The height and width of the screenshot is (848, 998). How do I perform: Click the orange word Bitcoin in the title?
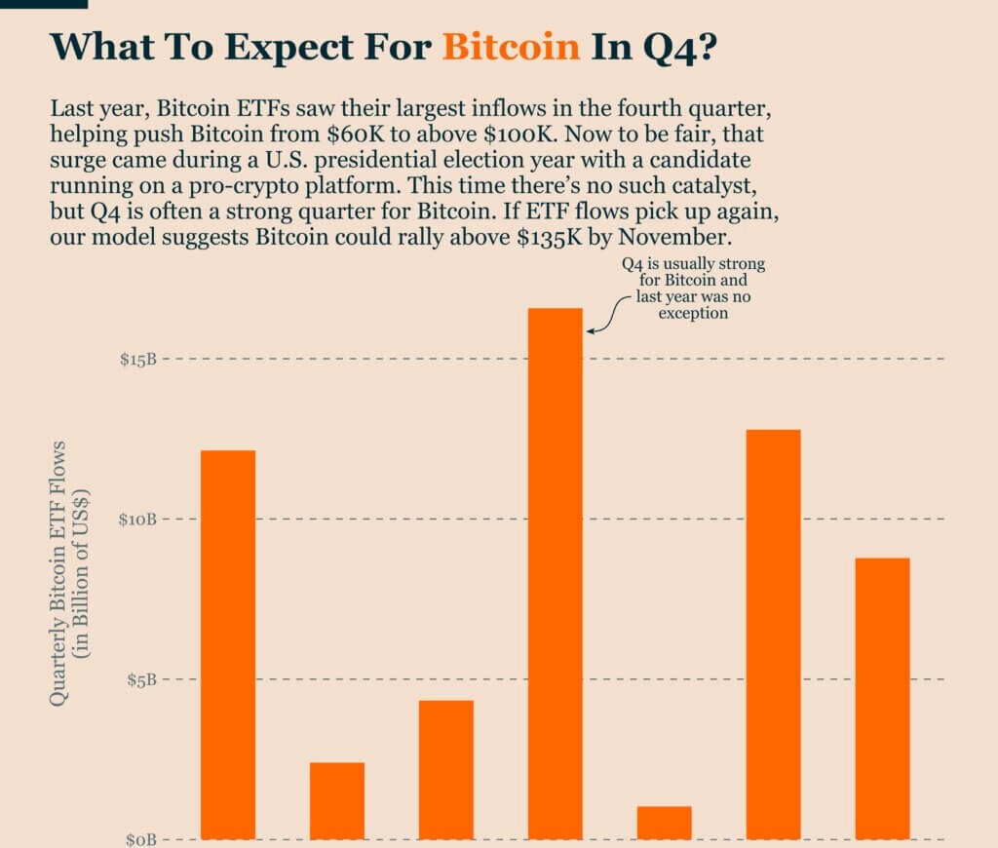tap(511, 47)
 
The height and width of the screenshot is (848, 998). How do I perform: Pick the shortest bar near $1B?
tap(664, 823)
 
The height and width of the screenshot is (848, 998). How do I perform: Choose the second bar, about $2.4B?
tap(337, 800)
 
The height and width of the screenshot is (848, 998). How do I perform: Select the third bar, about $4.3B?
tap(446, 769)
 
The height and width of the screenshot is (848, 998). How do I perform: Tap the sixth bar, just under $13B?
tap(774, 634)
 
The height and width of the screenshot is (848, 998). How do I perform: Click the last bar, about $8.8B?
tap(882, 698)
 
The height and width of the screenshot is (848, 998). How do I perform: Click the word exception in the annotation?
tap(695, 314)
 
